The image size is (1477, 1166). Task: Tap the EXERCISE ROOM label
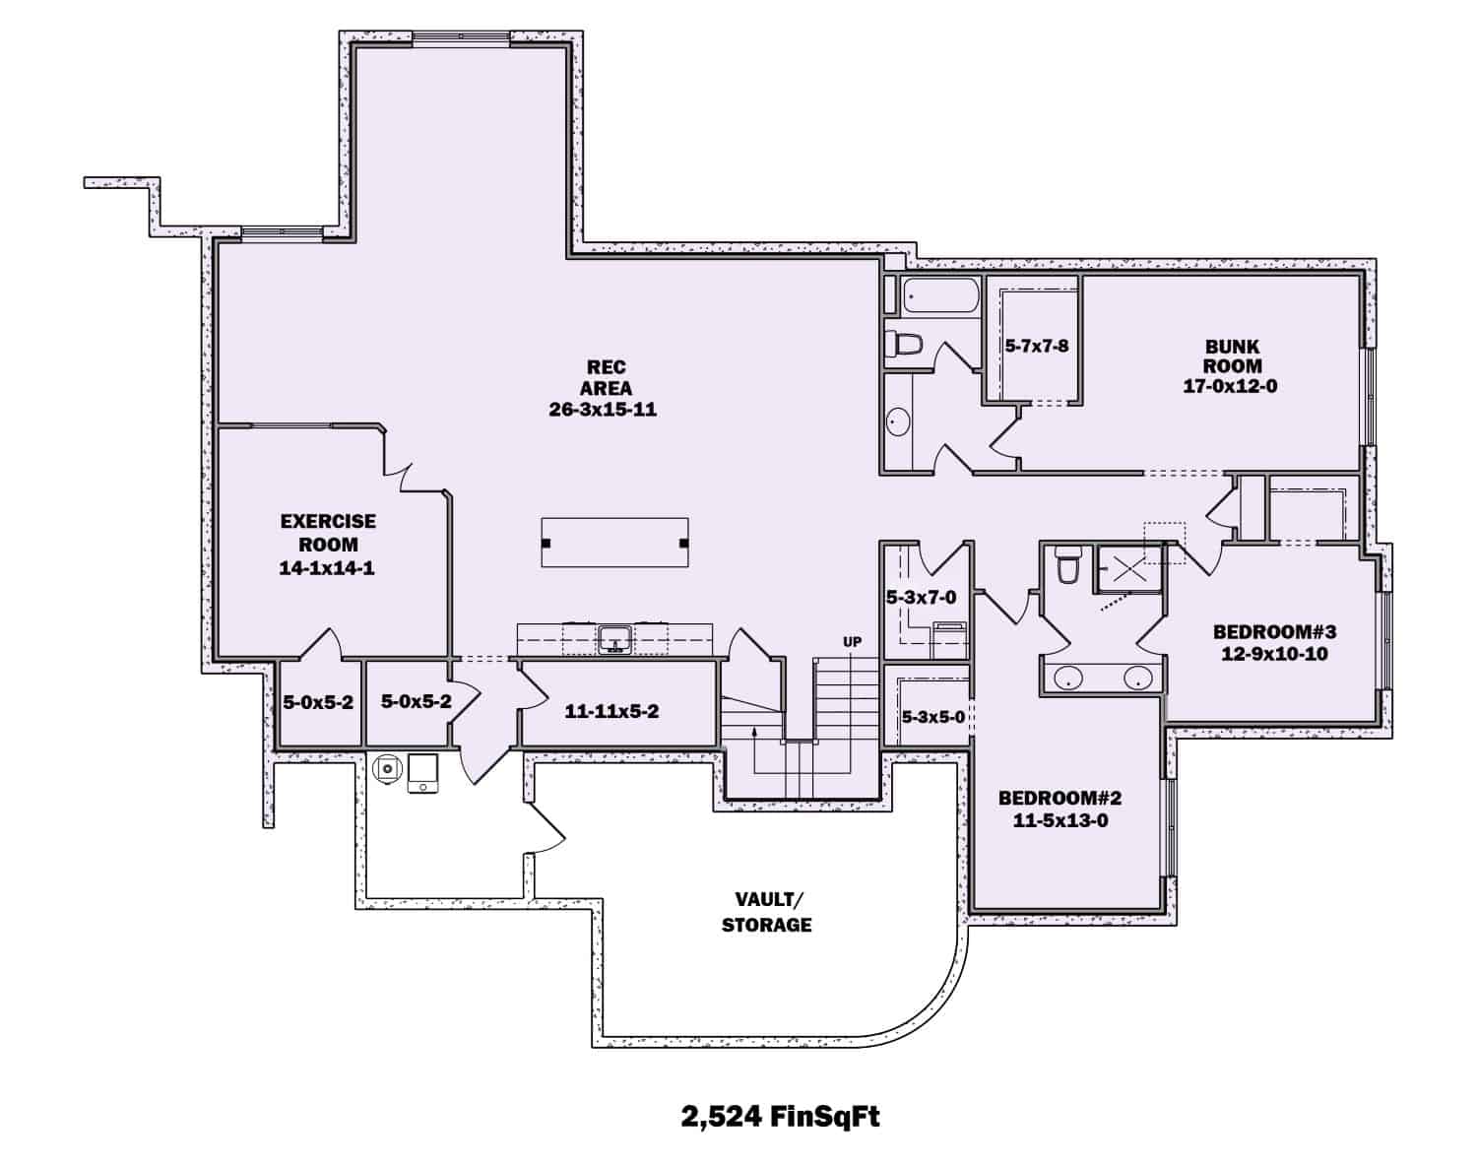pyautogui.click(x=327, y=545)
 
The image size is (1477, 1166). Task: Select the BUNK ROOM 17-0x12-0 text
pyautogui.click(x=1231, y=366)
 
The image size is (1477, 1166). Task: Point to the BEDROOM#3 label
pyautogui.click(x=1274, y=642)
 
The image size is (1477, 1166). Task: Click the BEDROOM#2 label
pyautogui.click(x=1060, y=809)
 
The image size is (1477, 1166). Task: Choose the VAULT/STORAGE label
pyautogui.click(x=768, y=912)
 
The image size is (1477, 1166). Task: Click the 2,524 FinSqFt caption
pyautogui.click(x=779, y=1118)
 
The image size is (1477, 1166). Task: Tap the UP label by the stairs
pyautogui.click(x=852, y=642)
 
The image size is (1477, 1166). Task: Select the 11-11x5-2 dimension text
pyautogui.click(x=611, y=711)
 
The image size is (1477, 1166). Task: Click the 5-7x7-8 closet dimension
pyautogui.click(x=1036, y=347)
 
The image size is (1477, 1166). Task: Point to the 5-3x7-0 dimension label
pyautogui.click(x=921, y=597)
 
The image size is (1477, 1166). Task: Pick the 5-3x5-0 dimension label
pyautogui.click(x=932, y=717)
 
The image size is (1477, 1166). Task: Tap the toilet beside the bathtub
pyautogui.click(x=904, y=344)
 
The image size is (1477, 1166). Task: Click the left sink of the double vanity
pyautogui.click(x=1068, y=678)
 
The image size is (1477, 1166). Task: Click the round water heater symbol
pyautogui.click(x=390, y=769)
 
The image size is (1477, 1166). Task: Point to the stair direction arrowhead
pyautogui.click(x=753, y=732)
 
